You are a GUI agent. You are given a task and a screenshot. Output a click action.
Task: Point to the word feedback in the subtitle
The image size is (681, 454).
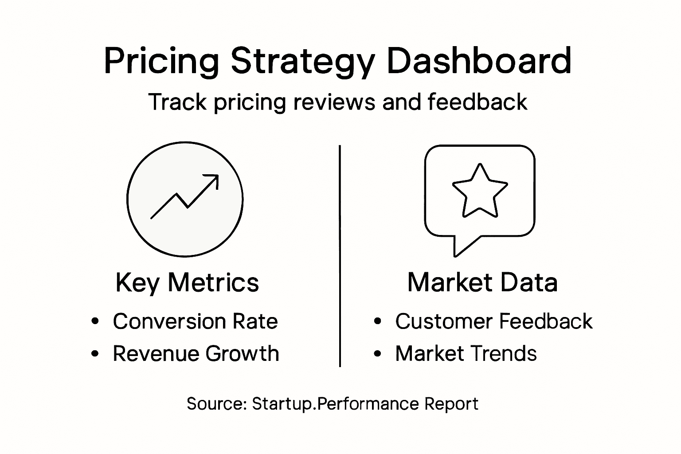click(477, 102)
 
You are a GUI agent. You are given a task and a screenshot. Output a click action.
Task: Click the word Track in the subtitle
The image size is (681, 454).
click(177, 102)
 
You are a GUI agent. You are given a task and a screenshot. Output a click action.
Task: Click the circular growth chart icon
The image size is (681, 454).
click(185, 199)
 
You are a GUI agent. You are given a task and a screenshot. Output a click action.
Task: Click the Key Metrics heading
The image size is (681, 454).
click(187, 282)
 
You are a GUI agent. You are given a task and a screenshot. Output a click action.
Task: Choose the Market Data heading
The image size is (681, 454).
click(482, 282)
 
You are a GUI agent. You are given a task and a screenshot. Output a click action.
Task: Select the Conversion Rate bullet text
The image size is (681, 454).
click(195, 321)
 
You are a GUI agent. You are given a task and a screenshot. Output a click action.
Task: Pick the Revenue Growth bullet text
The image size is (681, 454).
click(196, 354)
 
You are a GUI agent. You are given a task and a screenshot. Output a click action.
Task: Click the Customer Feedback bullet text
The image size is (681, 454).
click(493, 321)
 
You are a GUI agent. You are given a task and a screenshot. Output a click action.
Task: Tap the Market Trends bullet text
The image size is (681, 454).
click(466, 354)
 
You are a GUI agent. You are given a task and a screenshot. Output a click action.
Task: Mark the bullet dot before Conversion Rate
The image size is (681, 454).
click(94, 321)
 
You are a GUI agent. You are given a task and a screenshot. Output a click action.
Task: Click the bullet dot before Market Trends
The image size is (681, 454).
click(377, 354)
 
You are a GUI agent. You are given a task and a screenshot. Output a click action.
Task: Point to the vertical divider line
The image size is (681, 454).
click(340, 256)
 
